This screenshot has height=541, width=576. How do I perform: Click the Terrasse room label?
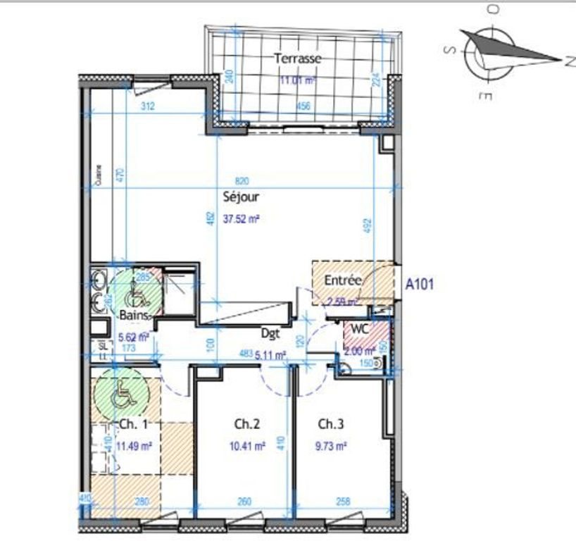(x=298, y=59)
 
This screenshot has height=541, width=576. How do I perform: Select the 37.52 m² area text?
(x=242, y=219)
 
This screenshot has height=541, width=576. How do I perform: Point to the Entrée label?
(x=343, y=280)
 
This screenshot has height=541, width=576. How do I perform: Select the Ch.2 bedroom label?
(x=247, y=424)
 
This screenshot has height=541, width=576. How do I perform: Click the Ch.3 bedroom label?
(x=330, y=424)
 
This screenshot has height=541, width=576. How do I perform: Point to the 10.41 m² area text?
(x=248, y=446)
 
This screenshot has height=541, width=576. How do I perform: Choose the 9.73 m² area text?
(x=332, y=446)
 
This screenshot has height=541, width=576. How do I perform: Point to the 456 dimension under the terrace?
(x=303, y=106)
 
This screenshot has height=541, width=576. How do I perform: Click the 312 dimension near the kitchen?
(x=148, y=106)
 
